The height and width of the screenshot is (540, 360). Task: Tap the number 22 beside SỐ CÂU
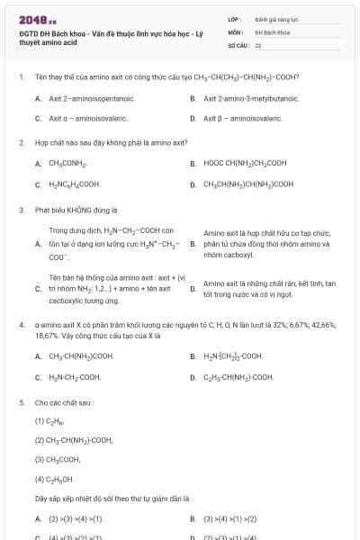pyautogui.click(x=258, y=44)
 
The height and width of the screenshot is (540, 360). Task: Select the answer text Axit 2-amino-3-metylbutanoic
pyautogui.click(x=251, y=98)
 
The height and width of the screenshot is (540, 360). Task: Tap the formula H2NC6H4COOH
pyautogui.click(x=74, y=184)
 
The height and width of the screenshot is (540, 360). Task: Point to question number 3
pyautogui.click(x=22, y=210)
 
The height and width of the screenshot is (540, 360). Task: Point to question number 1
pyautogui.click(x=22, y=77)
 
